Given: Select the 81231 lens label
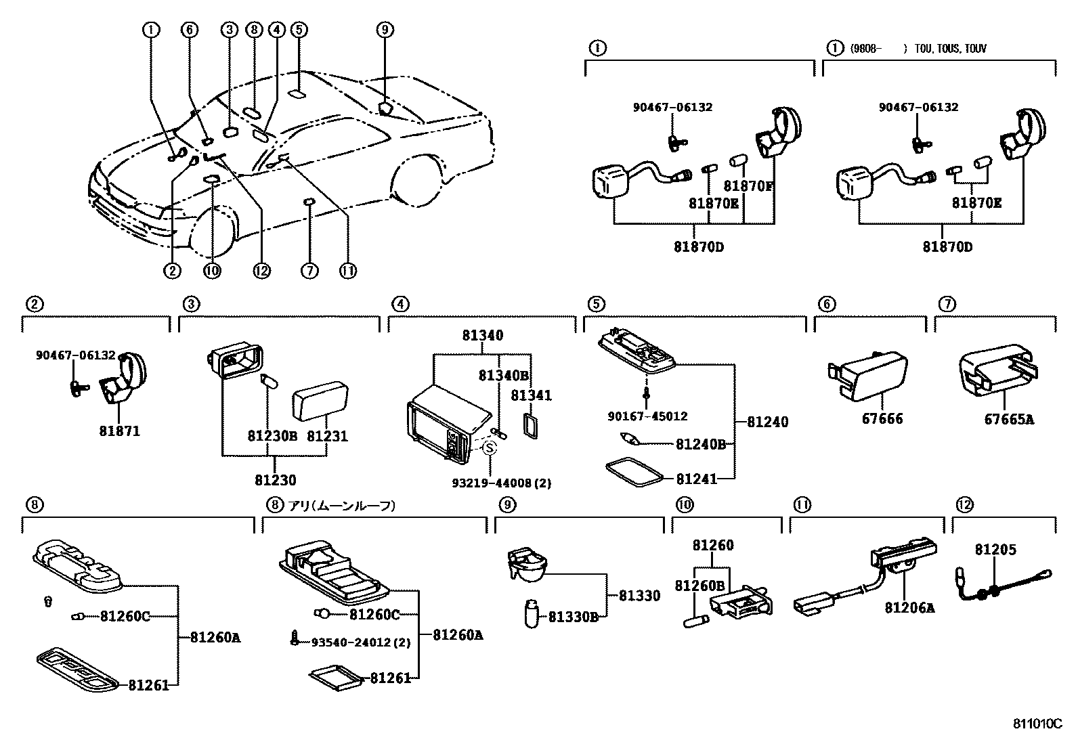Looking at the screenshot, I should click(327, 436).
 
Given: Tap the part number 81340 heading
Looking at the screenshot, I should click(483, 336).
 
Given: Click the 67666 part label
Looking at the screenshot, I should click(882, 419).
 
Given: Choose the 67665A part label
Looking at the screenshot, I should click(1009, 419).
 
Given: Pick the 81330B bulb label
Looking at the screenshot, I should click(574, 617).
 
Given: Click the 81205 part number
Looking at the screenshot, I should click(995, 550).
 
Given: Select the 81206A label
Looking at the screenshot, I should click(909, 608).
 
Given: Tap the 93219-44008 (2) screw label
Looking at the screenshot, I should click(502, 483).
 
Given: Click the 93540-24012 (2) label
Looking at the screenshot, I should click(360, 642).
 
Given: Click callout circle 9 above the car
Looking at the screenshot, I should click(384, 29).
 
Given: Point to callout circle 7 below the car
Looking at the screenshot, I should click(309, 271).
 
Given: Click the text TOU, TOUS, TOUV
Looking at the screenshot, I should click(950, 49).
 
